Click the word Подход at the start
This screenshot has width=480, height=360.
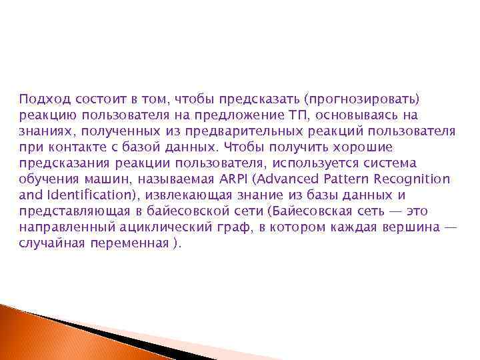pos(41,99)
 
